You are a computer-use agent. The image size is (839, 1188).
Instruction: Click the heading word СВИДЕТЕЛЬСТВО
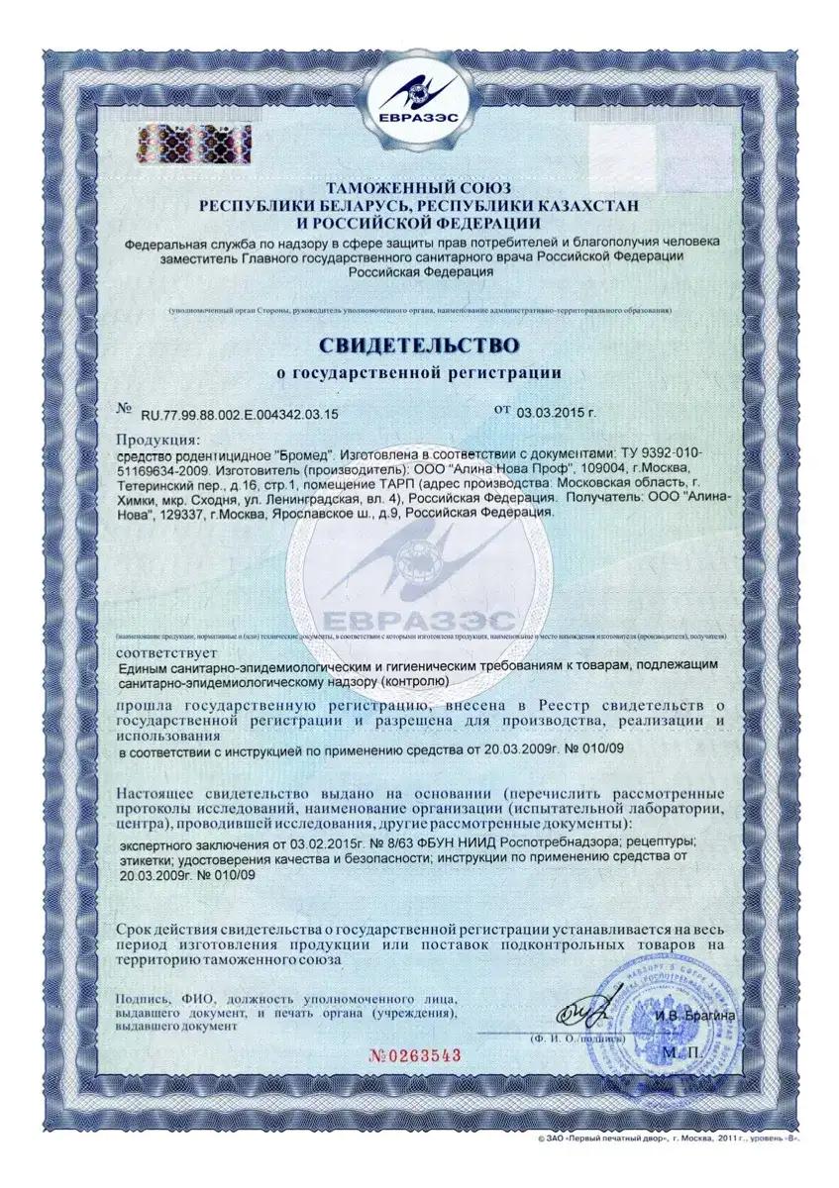pyautogui.click(x=418, y=346)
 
